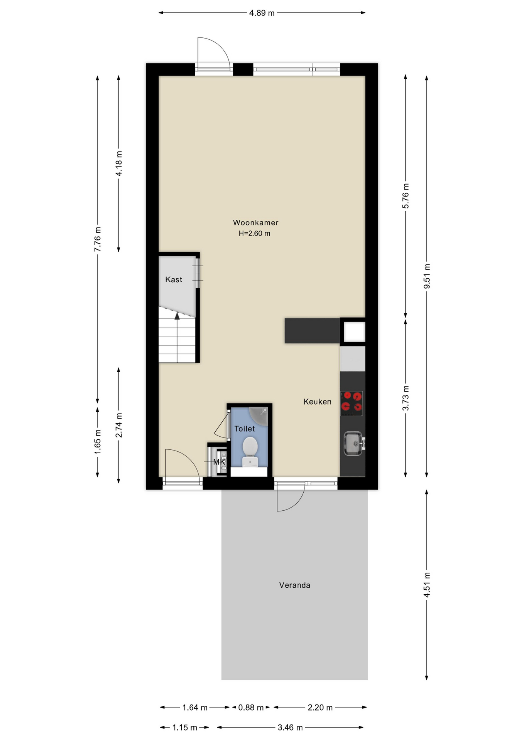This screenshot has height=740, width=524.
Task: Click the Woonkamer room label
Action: (255, 222)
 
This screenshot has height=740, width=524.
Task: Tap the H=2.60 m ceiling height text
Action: (254, 233)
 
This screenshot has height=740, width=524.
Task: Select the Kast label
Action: (173, 279)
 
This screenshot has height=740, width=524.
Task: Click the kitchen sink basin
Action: (353, 443)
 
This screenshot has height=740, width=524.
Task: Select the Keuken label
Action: (317, 402)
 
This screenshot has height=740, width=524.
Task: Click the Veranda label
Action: (294, 585)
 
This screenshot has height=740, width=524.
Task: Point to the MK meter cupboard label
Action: (219, 462)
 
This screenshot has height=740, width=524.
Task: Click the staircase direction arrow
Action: (177, 316)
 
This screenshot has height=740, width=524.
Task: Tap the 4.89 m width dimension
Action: (262, 13)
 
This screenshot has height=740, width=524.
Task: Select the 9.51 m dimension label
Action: (427, 276)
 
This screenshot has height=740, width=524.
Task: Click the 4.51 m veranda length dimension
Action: (427, 585)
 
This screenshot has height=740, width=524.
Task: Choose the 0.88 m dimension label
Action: (251, 708)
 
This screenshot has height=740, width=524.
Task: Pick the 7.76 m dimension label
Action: (98, 239)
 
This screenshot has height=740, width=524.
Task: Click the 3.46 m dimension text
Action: (290, 728)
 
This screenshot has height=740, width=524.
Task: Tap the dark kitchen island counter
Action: (312, 330)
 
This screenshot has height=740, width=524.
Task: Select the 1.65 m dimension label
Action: (98, 441)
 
